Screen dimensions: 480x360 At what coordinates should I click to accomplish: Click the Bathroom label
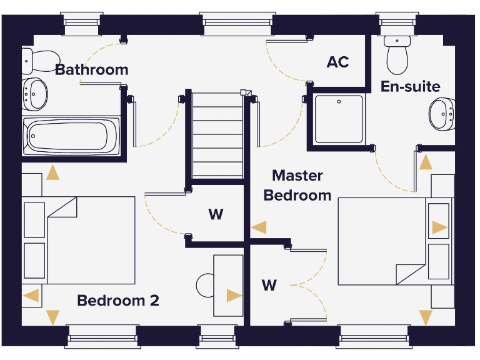(x=91, y=70)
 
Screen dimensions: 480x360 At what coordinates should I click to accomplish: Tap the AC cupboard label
(x=337, y=62)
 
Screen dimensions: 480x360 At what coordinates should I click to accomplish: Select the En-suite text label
(x=411, y=87)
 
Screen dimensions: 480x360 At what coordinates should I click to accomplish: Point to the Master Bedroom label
(x=297, y=186)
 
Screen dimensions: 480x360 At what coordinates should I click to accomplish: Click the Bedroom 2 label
(x=118, y=301)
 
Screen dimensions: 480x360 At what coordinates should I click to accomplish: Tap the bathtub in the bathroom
(x=71, y=136)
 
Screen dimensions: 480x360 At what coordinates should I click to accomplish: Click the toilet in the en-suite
(x=397, y=55)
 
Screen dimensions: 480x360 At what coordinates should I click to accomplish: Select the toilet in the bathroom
(x=41, y=61)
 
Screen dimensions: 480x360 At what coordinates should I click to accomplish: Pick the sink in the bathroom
(x=34, y=94)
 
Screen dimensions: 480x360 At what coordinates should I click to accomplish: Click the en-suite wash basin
(x=442, y=114)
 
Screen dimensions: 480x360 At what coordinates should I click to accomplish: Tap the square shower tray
(x=339, y=119)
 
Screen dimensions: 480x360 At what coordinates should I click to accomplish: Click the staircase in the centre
(x=217, y=135)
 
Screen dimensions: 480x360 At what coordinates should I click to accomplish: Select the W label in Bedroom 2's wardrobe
(x=216, y=214)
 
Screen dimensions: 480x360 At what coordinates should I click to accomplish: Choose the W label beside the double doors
(x=269, y=285)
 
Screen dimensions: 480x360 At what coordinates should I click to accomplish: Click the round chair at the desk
(x=205, y=286)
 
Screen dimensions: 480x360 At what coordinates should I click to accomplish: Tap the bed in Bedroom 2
(x=79, y=240)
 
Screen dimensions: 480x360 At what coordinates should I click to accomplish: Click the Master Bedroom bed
(x=396, y=241)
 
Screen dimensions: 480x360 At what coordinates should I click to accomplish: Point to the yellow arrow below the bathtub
(x=52, y=172)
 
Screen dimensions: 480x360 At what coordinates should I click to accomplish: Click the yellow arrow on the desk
(x=234, y=296)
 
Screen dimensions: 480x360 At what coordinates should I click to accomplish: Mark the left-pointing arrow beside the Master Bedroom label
(x=259, y=227)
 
